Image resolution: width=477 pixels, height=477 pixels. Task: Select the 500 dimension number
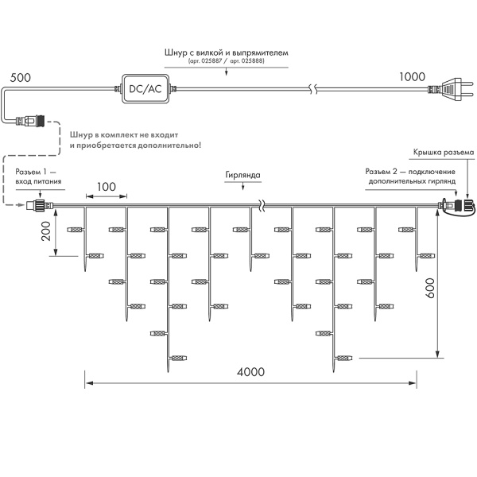point(21,77)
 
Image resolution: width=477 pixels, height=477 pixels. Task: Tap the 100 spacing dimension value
point(106,187)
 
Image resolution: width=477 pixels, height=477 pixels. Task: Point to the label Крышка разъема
point(444,152)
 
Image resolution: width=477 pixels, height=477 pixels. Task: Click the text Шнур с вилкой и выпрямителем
point(232,52)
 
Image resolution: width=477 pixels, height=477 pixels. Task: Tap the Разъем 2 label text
point(410,176)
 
